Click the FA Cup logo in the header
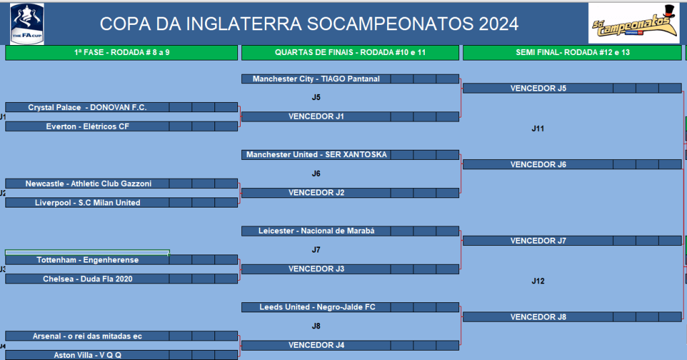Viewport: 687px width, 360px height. [27, 24]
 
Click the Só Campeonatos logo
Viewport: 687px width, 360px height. [633, 24]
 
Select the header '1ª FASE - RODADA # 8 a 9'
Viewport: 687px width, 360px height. [122, 52]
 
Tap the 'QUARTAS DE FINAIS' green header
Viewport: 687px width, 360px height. [350, 52]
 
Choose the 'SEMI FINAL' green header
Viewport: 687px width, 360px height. [572, 52]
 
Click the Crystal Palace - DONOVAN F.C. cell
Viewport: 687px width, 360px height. [87, 107]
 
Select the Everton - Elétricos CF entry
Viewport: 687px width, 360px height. [87, 126]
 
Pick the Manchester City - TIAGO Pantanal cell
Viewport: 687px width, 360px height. [316, 79]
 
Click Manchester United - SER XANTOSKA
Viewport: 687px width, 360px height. [316, 154]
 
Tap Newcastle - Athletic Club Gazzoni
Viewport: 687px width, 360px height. [87, 183]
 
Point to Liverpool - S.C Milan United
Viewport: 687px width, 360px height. [87, 203]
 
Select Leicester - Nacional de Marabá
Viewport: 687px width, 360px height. [316, 231]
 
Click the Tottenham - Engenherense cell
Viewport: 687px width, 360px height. [87, 260]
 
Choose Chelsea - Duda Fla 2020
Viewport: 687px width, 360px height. [87, 279]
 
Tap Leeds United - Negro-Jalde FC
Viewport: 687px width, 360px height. [316, 307]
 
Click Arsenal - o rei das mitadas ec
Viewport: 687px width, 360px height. [87, 336]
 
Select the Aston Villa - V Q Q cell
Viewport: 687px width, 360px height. [87, 355]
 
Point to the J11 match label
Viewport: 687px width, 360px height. [538, 129]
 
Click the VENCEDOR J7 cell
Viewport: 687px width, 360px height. [538, 241]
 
